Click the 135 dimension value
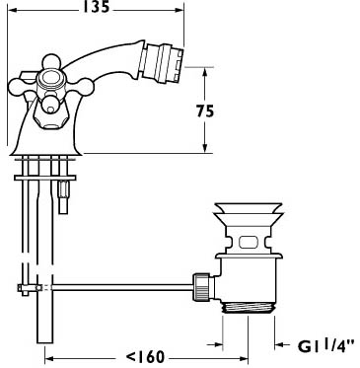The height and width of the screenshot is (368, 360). click(96, 7)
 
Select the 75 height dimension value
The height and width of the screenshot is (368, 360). click(205, 110)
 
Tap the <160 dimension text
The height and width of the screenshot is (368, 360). click(145, 357)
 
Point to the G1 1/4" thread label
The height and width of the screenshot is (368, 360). click(326, 345)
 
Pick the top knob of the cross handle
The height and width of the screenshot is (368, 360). click(51, 62)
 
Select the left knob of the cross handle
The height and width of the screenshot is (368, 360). click(18, 88)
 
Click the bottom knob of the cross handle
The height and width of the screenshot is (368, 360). click(49, 105)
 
